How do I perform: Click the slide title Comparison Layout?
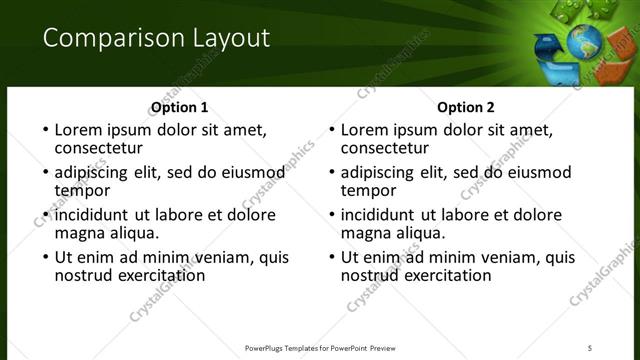(x=157, y=39)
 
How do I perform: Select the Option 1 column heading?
(x=180, y=107)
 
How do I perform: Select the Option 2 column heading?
(x=466, y=107)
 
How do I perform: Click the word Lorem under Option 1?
(x=79, y=130)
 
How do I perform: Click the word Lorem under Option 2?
(x=365, y=130)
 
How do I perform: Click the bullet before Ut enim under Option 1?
(x=44, y=257)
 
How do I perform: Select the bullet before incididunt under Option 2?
(x=330, y=215)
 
